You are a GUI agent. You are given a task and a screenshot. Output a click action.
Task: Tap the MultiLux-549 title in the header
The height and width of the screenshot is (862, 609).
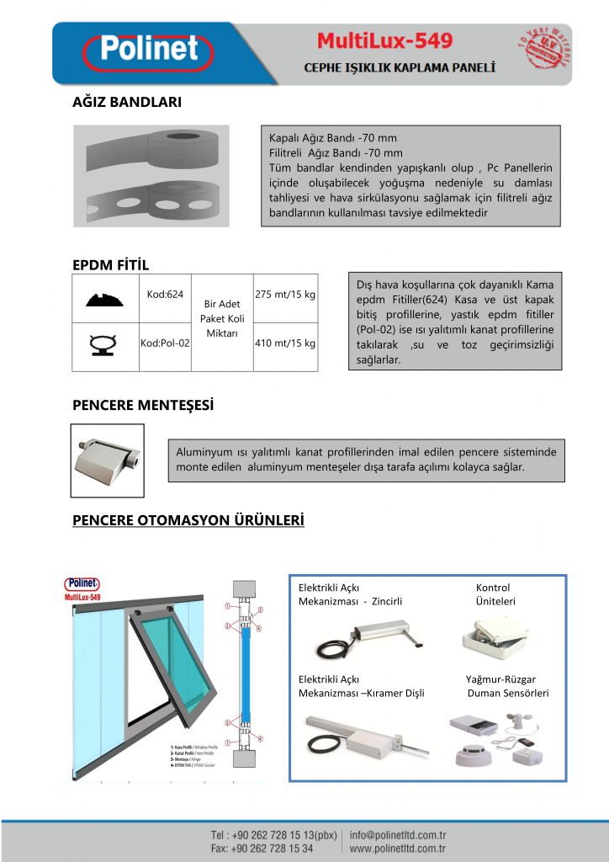click(384, 41)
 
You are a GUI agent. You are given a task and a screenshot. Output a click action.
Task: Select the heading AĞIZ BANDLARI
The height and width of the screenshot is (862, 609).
click(127, 102)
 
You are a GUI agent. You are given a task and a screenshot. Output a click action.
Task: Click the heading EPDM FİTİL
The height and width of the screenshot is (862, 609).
click(111, 265)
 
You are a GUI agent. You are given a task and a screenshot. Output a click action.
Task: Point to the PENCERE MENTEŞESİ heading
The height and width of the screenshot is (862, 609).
click(143, 406)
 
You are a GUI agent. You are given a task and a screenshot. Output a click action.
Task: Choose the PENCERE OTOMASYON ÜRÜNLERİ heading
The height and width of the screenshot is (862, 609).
click(188, 520)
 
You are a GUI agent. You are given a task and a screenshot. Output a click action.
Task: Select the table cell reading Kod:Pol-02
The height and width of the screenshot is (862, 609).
click(163, 343)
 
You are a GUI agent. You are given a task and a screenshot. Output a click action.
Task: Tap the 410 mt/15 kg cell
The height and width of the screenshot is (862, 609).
click(285, 343)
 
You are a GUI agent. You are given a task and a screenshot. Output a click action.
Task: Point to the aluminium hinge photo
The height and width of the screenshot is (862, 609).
click(106, 460)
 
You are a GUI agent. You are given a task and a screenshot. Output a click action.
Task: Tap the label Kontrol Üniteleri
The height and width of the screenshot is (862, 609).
click(495, 594)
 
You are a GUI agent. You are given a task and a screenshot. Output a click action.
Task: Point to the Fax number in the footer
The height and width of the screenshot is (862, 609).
click(262, 849)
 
